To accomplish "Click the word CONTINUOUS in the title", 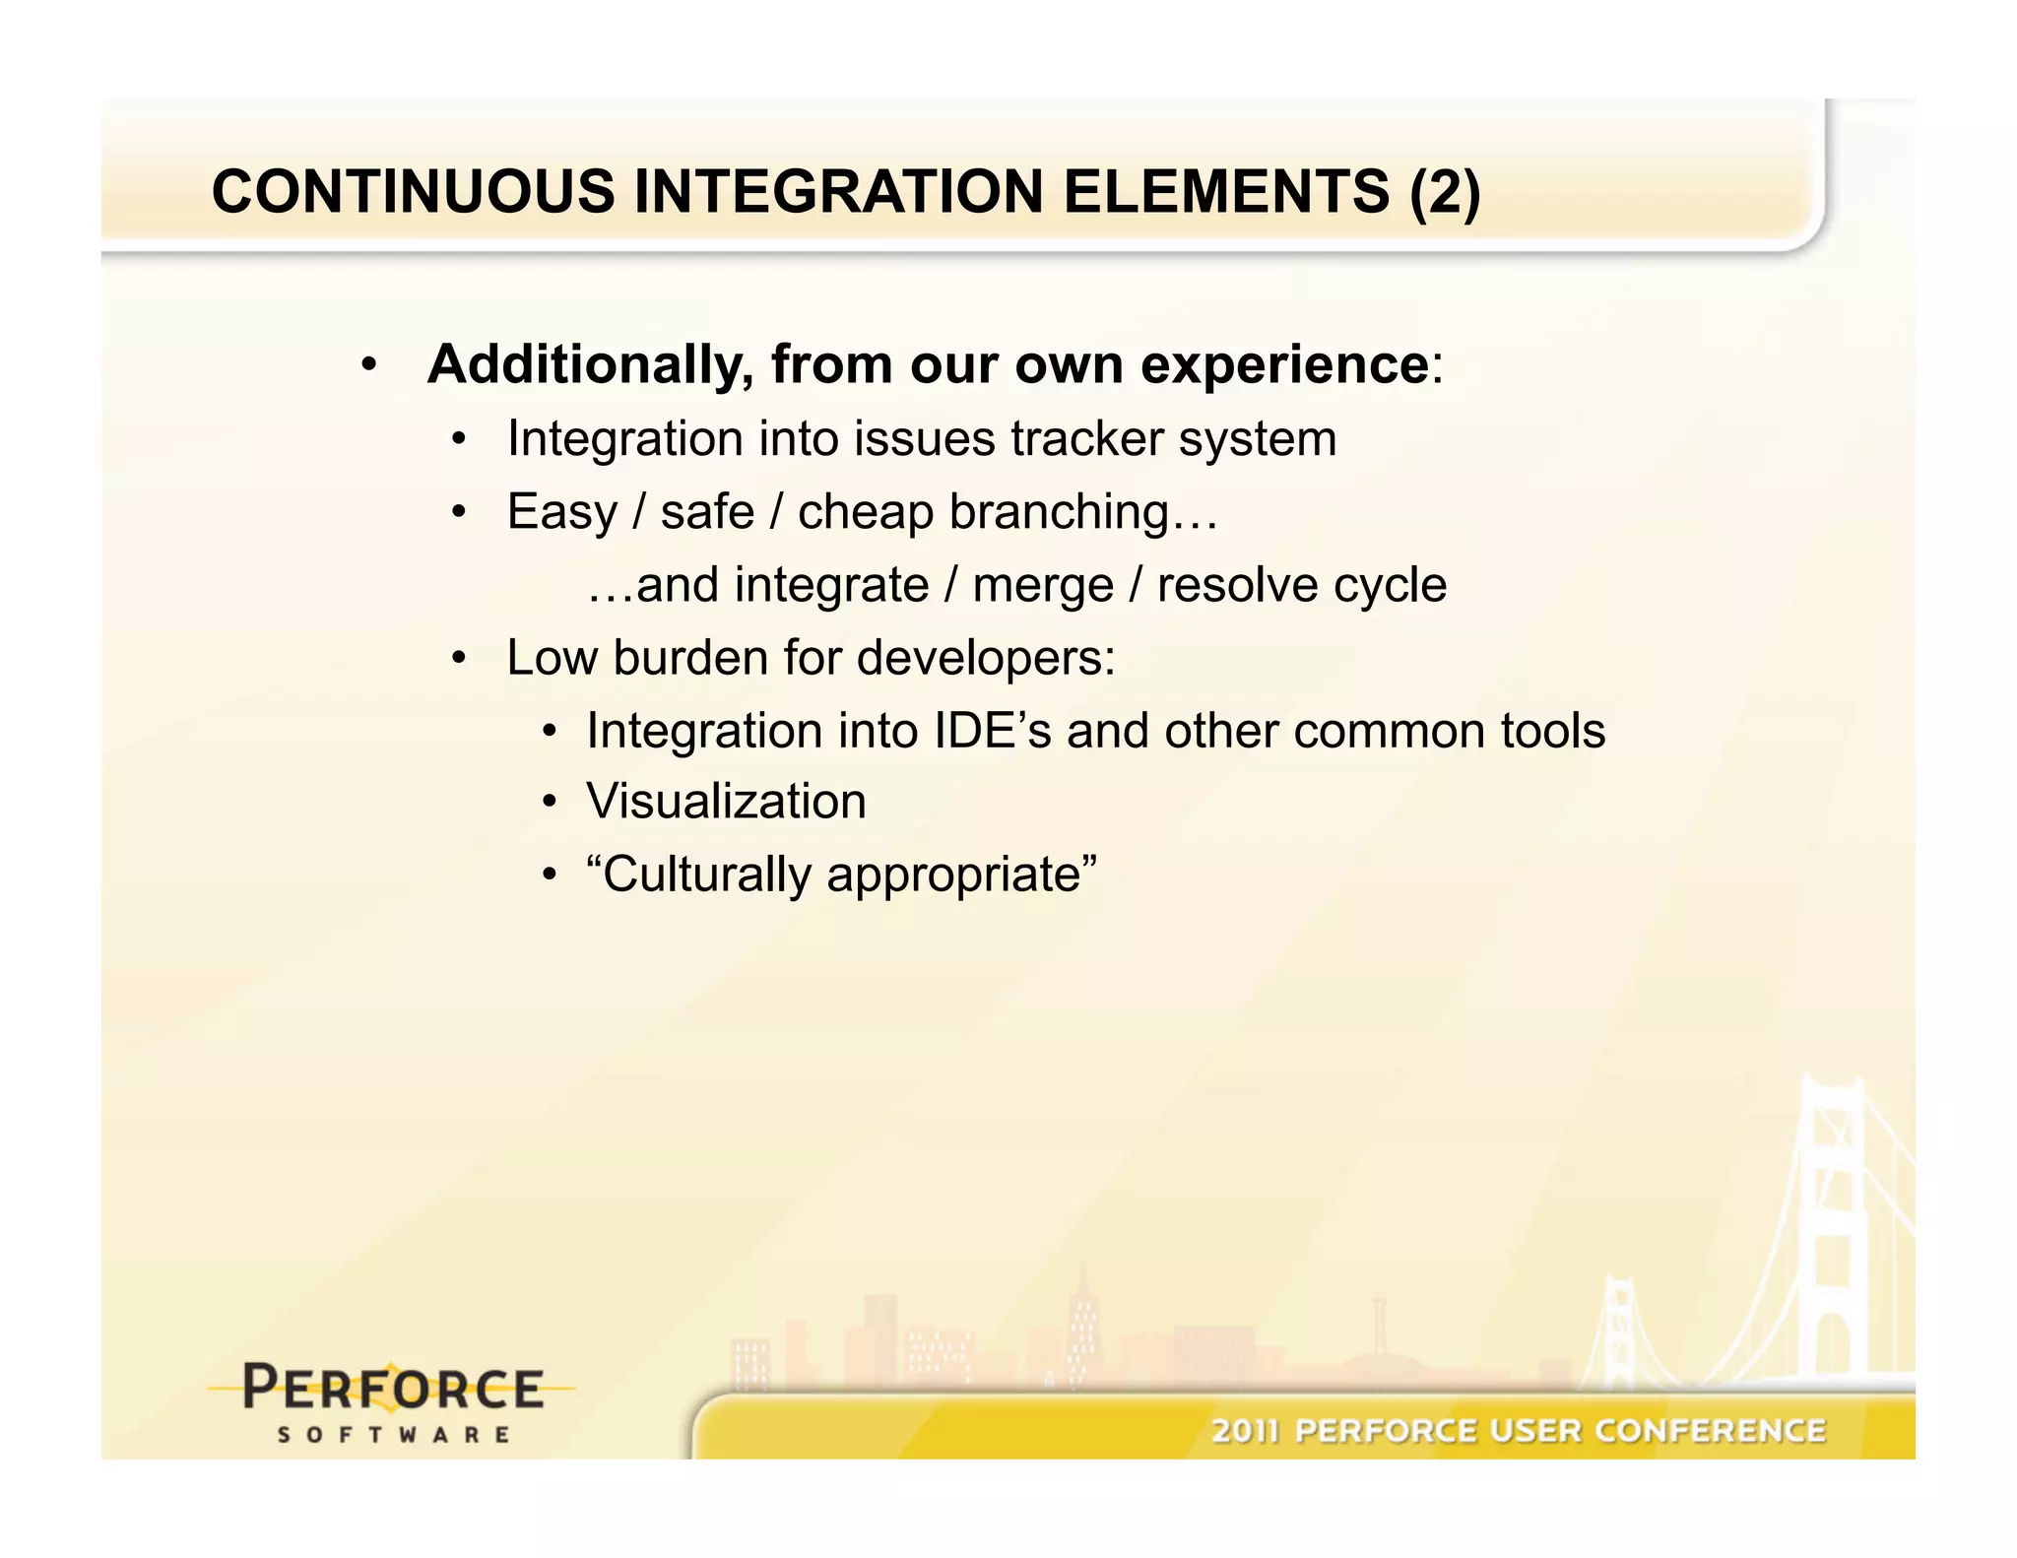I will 413,191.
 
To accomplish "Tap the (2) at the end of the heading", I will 1444,191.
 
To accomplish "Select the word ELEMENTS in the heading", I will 1226,191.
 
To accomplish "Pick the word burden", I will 690,658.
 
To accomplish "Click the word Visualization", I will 726,802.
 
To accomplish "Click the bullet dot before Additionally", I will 368,366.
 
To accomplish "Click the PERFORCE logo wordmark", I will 392,1389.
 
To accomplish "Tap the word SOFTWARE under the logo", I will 393,1435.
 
